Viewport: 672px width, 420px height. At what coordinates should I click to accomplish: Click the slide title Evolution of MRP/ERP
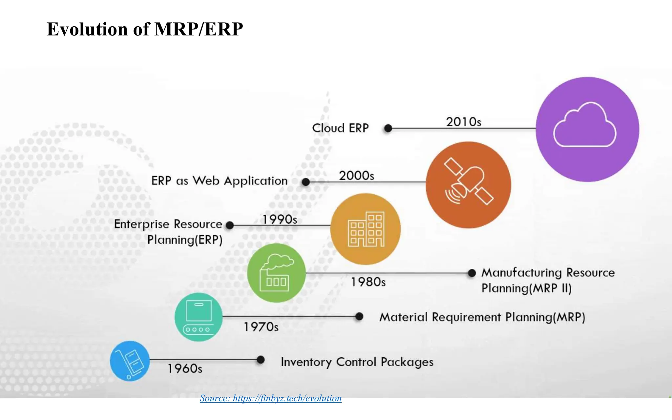(145, 29)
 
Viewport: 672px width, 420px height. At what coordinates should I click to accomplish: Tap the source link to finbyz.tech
(271, 398)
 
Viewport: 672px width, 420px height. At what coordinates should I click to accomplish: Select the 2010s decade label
(463, 122)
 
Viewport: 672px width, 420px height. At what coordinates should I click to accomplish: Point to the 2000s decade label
(356, 176)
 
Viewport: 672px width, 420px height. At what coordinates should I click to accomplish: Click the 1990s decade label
(280, 220)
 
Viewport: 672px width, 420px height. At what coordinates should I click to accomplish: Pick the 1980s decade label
(368, 282)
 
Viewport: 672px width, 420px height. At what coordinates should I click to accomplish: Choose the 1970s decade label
(261, 327)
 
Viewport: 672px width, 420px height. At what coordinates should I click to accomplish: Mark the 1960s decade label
(185, 369)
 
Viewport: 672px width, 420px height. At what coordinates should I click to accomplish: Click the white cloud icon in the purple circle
(585, 125)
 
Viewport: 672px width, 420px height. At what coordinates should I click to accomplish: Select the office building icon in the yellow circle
(366, 229)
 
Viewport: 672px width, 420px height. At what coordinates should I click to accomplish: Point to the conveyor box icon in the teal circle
(198, 317)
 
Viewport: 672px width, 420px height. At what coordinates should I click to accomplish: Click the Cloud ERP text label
(340, 128)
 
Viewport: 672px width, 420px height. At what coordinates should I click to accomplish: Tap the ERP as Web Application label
(219, 181)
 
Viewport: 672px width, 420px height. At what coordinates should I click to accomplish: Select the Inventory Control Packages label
(357, 362)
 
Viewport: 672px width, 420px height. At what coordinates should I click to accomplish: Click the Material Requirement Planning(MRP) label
(482, 317)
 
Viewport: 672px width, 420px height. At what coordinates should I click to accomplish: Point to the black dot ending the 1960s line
(261, 360)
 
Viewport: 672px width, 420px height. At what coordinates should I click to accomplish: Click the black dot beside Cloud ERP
(388, 128)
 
